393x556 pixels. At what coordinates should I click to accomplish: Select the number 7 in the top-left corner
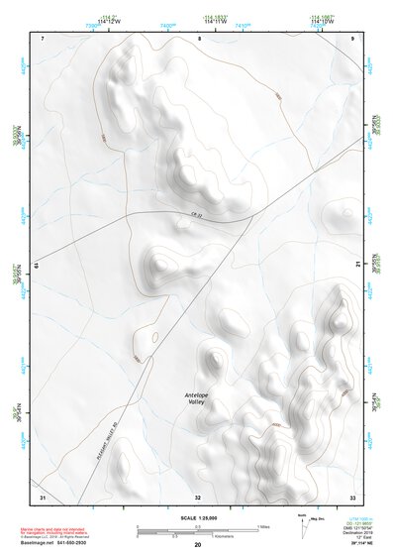tap(44, 38)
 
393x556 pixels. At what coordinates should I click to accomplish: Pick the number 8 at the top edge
tap(199, 38)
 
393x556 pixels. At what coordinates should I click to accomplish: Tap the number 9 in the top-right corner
tap(352, 38)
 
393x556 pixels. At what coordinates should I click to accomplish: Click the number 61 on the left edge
tap(37, 266)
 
